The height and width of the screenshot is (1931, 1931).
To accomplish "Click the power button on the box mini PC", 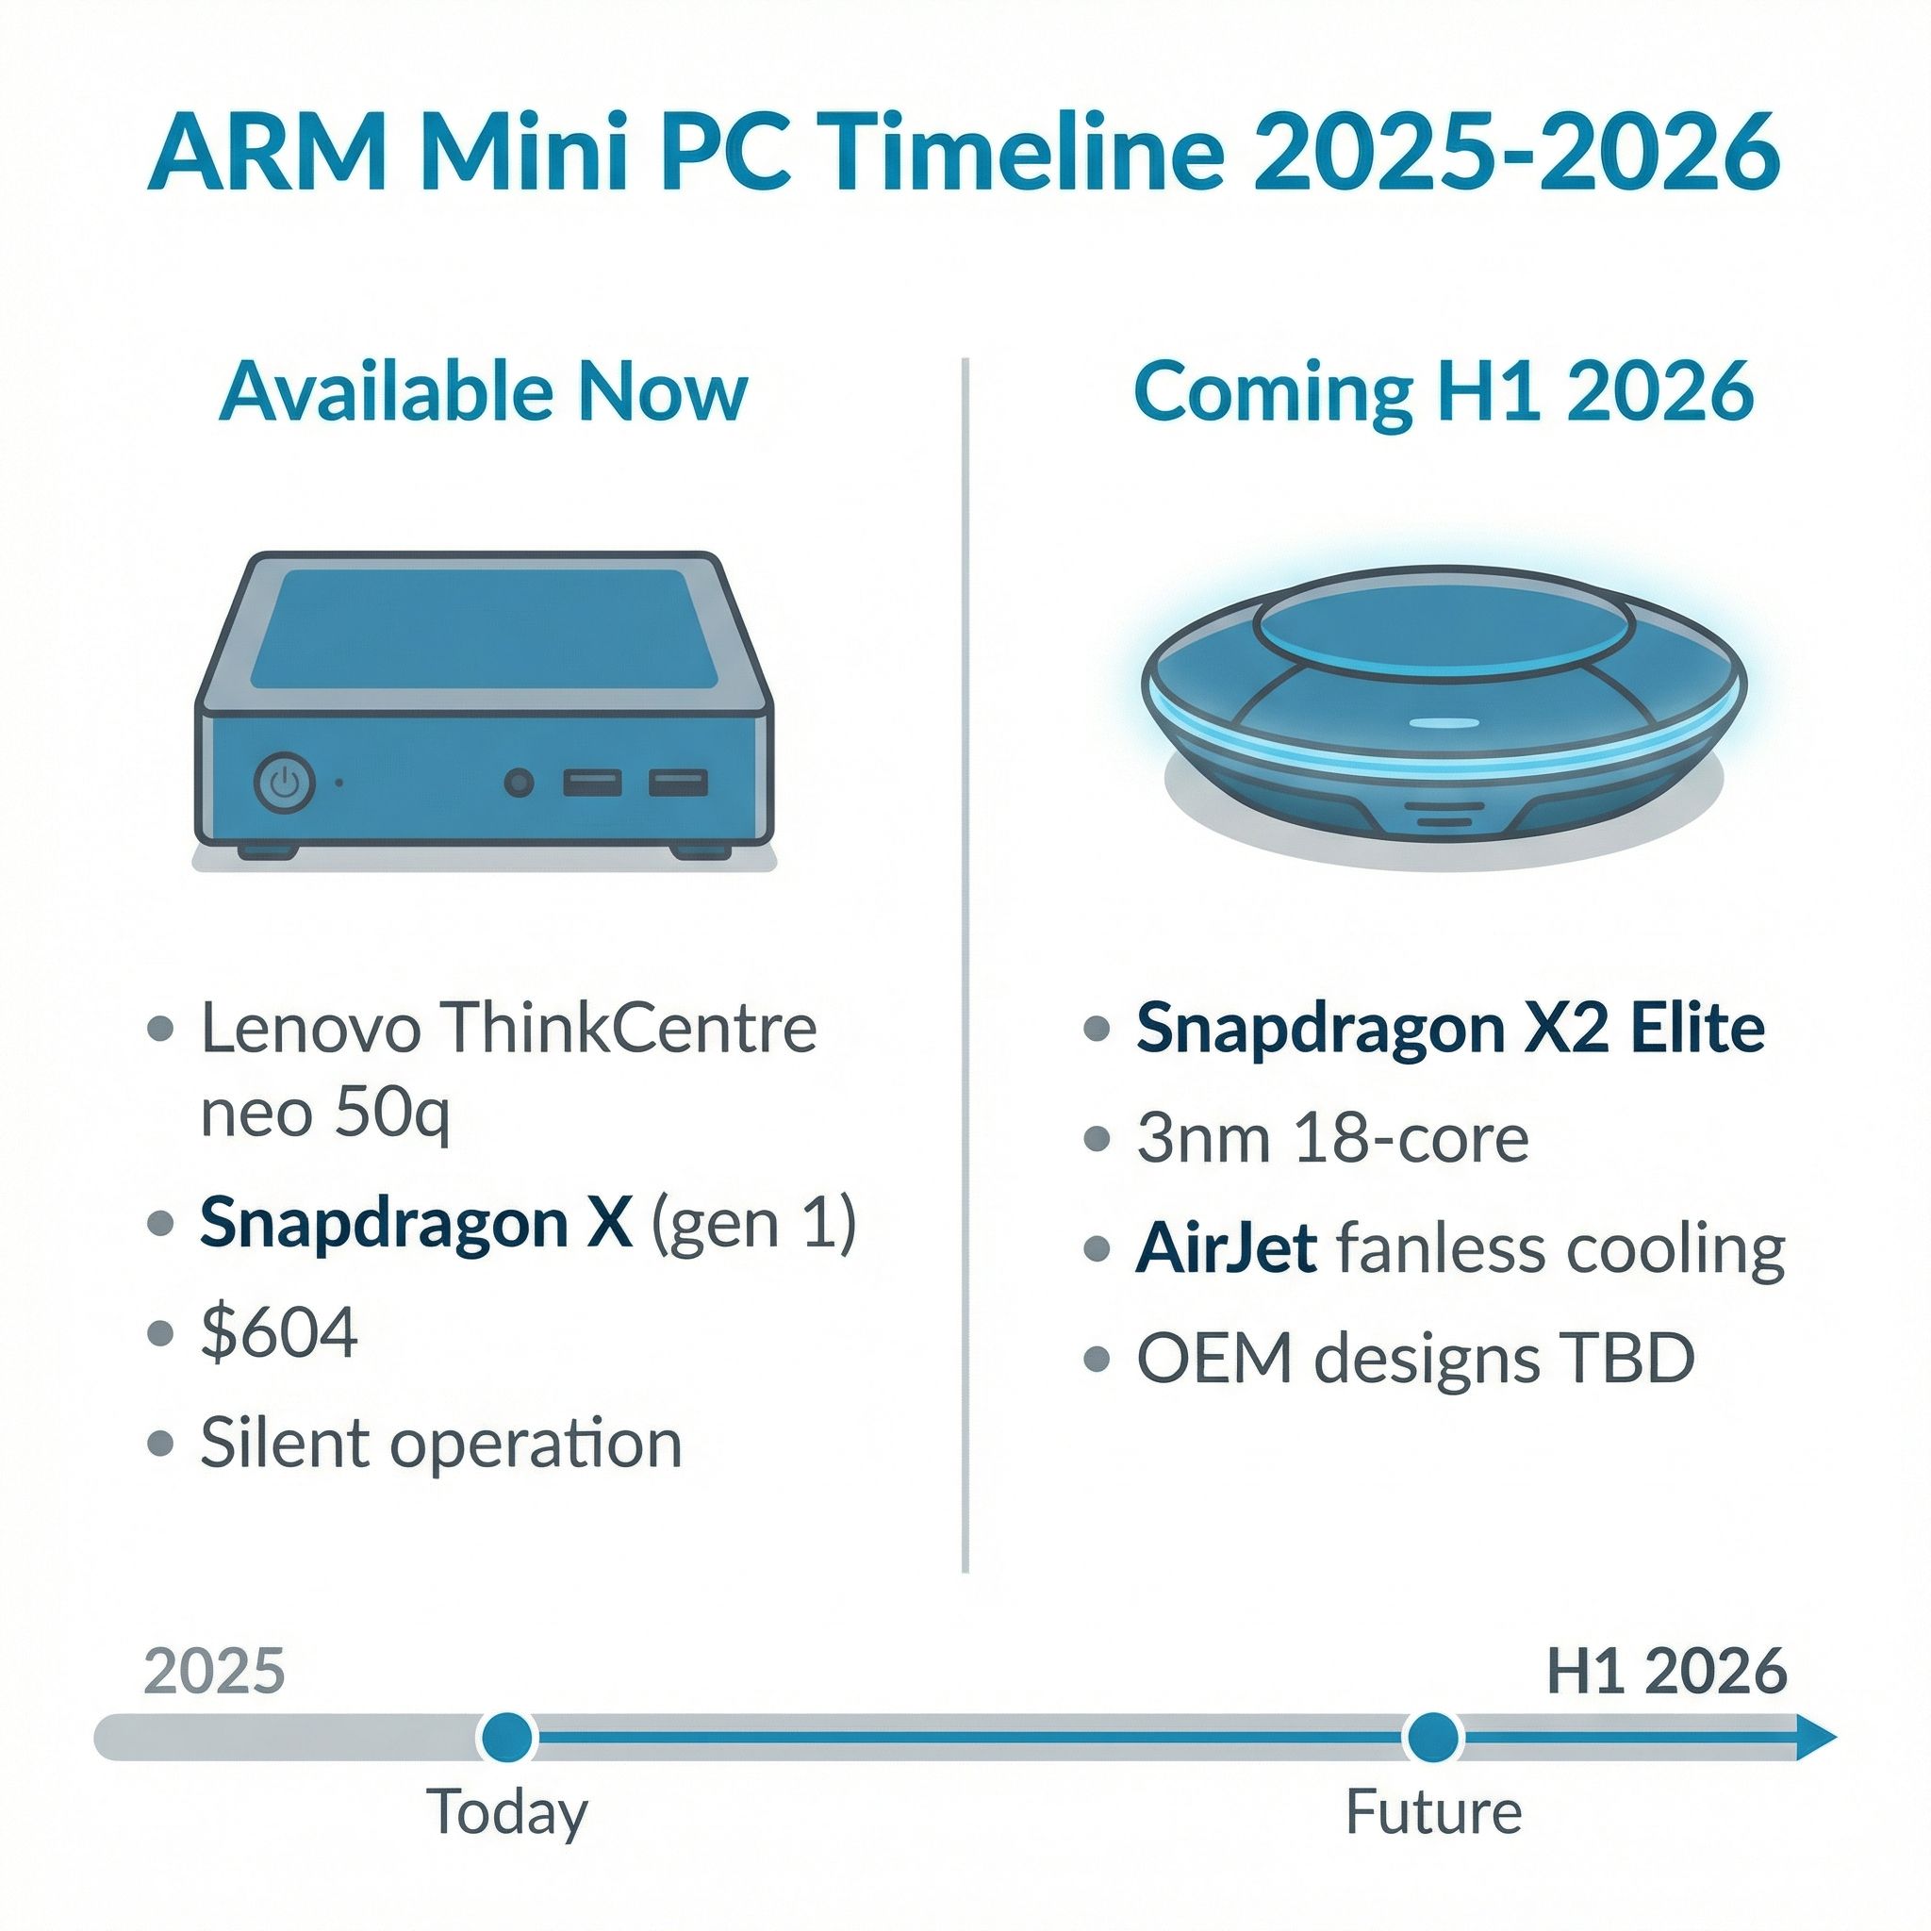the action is [286, 782].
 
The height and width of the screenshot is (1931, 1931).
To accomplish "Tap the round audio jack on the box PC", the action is [518, 783].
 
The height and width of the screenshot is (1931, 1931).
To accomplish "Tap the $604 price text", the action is [279, 1332].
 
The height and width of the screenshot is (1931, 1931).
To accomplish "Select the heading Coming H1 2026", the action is [1444, 393].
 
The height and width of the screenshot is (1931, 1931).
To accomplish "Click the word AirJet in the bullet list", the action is [1226, 1248].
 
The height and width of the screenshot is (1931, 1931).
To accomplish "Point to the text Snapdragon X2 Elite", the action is [1450, 1030].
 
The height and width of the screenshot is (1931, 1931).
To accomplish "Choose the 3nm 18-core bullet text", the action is [1332, 1138].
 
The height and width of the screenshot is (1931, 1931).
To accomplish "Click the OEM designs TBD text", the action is [1415, 1359].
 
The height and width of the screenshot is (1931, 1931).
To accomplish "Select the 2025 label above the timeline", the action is [215, 1670].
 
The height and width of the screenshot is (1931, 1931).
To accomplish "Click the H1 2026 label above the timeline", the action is [1666, 1670].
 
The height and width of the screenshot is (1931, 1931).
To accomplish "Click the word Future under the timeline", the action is [1433, 1811].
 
